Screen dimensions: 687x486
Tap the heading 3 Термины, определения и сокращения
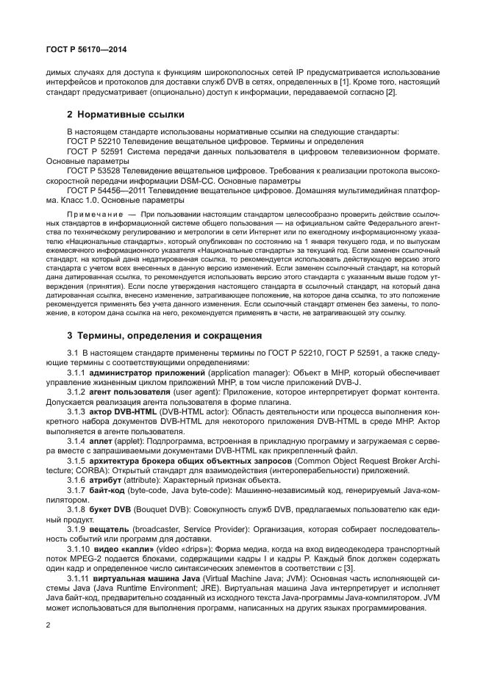click(x=164, y=335)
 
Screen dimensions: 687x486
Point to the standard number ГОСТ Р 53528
click(x=93, y=170)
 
